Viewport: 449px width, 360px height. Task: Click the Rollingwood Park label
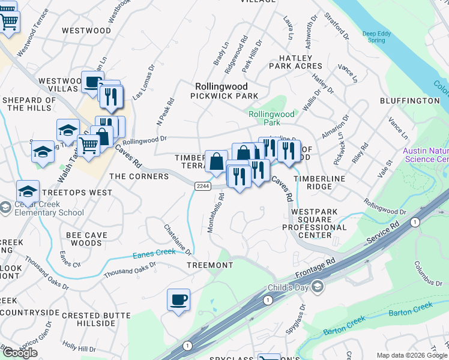[x=272, y=118]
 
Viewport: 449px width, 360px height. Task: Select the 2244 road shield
[x=203, y=187]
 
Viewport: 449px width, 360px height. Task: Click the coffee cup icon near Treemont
[x=178, y=299]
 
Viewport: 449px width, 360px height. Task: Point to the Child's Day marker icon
[x=317, y=287]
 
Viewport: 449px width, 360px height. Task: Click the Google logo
[x=20, y=352]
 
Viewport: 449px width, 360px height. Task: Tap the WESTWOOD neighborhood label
[x=86, y=30]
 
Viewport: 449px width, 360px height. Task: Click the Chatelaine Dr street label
[x=178, y=239]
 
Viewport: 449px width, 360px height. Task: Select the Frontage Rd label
[x=316, y=270]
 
